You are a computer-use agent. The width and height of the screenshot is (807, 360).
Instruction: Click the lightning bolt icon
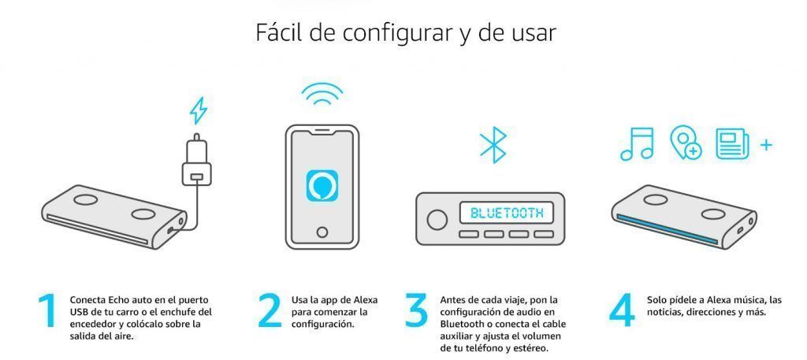coord(198,110)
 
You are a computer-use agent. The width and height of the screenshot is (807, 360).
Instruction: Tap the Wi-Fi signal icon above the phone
coord(322,94)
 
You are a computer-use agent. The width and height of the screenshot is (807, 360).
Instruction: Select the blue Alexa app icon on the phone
coord(322,186)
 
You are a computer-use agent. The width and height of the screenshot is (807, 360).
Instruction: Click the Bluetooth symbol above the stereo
coord(493,145)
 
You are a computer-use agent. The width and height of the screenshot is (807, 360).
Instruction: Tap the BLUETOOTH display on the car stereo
coord(507,213)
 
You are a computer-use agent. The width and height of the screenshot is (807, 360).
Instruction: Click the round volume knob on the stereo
coord(437,220)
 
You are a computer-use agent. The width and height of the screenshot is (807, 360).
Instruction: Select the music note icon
coord(637,143)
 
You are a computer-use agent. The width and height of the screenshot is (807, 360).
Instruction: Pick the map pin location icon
coord(685,143)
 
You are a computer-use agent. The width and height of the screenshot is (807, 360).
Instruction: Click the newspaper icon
coord(732,143)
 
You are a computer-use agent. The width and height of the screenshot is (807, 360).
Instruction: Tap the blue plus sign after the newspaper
coord(766,145)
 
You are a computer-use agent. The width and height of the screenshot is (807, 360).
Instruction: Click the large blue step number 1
coord(48,311)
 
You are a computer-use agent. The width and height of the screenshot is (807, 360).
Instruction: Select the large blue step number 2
coord(270,310)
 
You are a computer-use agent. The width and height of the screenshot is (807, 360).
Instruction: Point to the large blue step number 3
coord(416,310)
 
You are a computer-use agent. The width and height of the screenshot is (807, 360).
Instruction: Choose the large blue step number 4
coord(622,311)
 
